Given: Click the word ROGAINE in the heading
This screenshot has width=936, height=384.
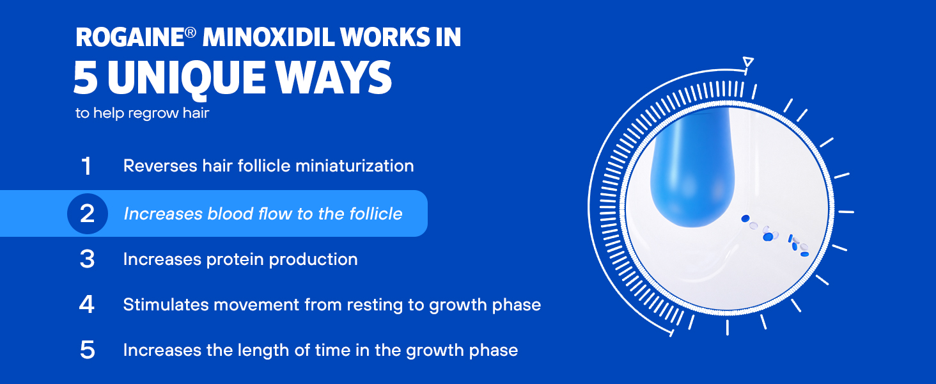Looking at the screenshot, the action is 130,37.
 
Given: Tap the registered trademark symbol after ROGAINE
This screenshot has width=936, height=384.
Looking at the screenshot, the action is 191,33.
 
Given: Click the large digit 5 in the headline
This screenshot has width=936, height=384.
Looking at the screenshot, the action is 86,77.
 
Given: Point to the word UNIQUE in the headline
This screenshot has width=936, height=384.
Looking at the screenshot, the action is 186,79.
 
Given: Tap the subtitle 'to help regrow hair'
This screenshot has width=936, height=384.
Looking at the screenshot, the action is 142,113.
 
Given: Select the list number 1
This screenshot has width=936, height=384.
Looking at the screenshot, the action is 86,166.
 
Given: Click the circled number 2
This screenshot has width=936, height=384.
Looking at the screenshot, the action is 88,214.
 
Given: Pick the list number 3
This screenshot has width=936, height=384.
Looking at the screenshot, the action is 87,259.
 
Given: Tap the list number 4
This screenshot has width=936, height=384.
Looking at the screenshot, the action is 86,305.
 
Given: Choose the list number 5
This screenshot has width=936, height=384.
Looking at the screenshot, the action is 87,349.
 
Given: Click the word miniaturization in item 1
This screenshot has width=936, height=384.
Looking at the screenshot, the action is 355,166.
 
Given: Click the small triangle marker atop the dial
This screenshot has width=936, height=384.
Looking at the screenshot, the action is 748,62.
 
